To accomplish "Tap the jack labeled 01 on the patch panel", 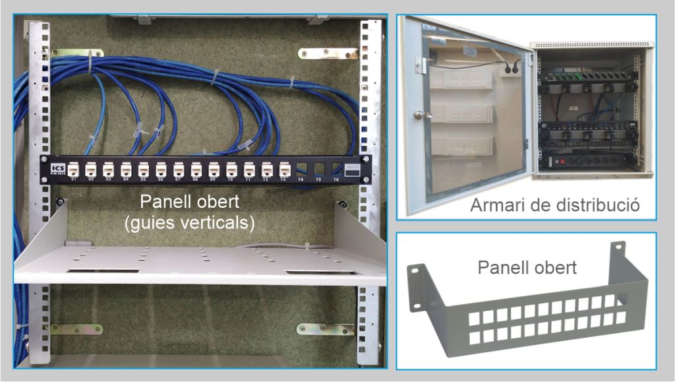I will pyautogui.click(x=73, y=170).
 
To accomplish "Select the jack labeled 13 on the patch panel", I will pyautogui.click(x=285, y=169).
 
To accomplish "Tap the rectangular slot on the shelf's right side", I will pyautogui.click(x=314, y=272).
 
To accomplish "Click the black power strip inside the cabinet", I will pyautogui.click(x=593, y=161).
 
